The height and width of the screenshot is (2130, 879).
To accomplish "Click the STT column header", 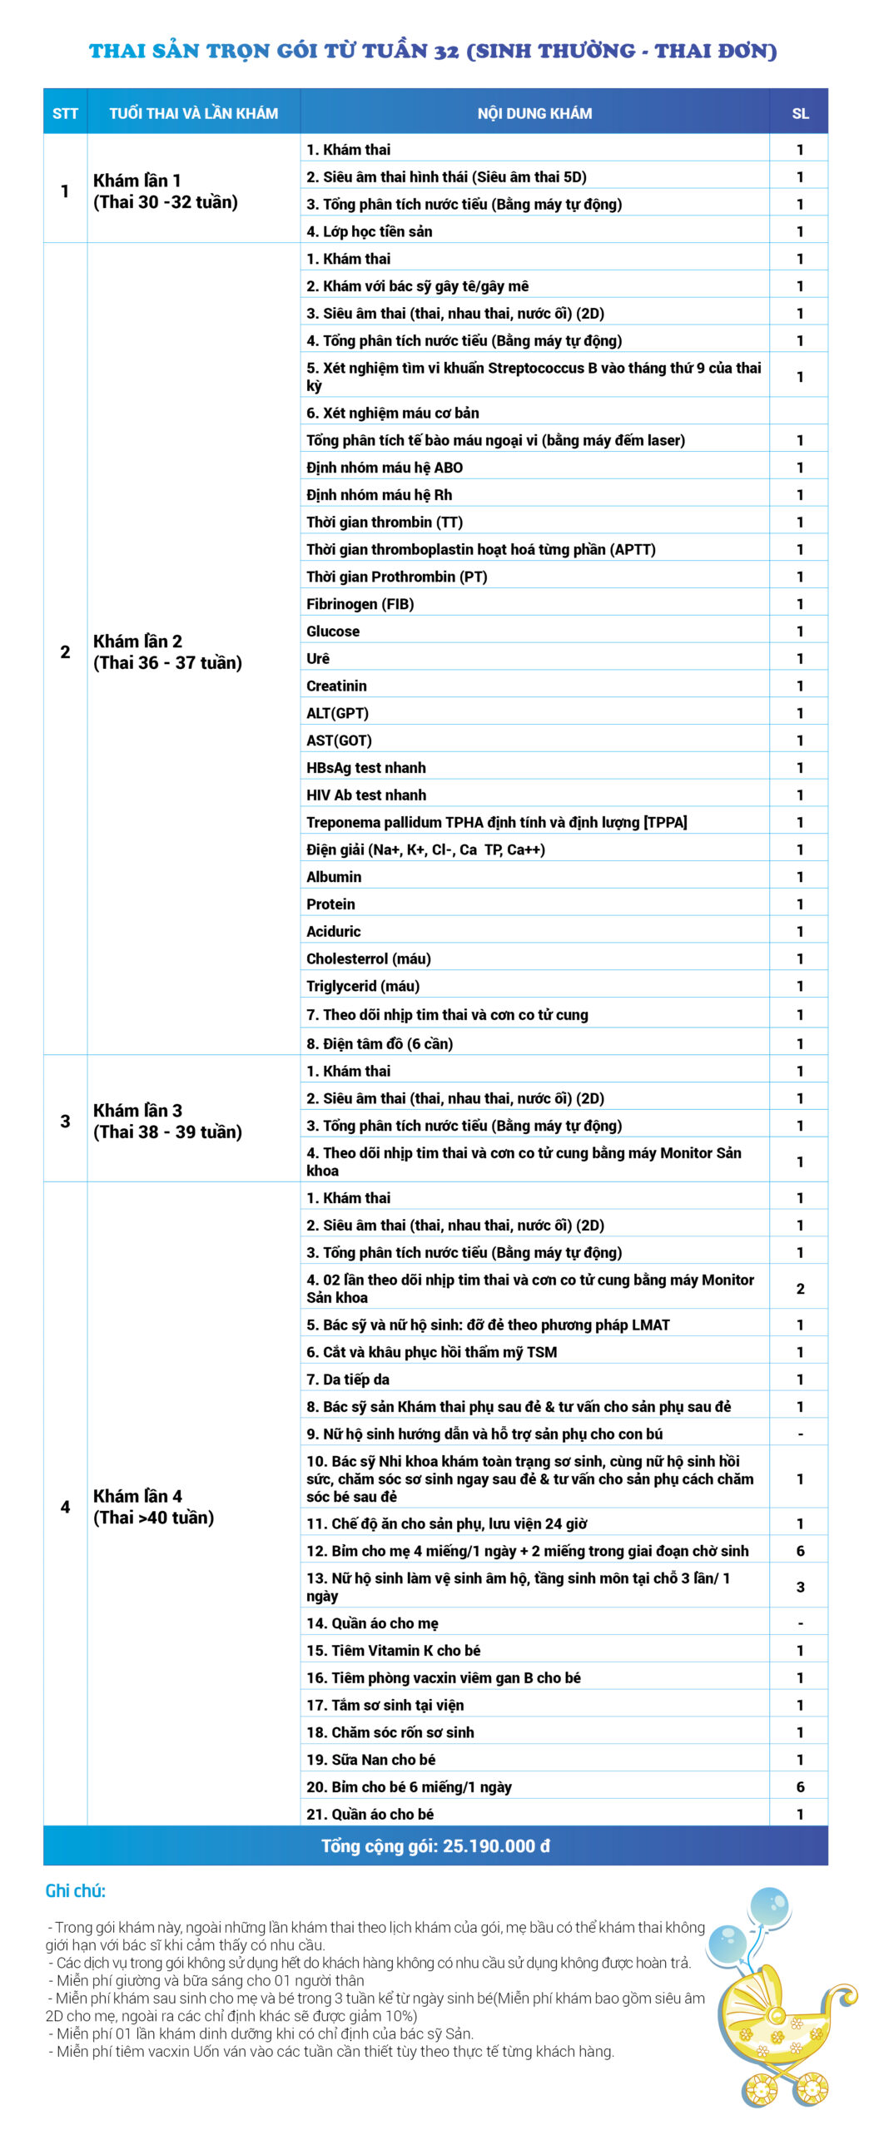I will click(65, 113).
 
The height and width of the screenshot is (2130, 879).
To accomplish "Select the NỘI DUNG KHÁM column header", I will click(534, 113).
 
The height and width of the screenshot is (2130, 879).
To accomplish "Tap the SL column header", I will click(800, 113).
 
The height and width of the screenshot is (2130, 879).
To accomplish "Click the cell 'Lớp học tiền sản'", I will click(370, 231).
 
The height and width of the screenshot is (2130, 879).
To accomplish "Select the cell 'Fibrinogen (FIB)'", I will click(360, 604).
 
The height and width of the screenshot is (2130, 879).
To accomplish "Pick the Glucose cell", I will click(333, 631).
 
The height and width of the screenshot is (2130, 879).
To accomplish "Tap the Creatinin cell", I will click(336, 686).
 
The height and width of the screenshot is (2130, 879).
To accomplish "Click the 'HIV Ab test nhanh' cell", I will click(366, 795).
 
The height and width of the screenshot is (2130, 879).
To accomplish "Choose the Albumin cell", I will click(334, 876).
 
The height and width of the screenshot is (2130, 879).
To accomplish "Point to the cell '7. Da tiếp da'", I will click(348, 1379).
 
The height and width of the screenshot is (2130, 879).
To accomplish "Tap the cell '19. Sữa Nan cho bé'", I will click(371, 1759).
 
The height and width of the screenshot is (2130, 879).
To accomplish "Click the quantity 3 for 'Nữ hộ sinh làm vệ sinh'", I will click(800, 1587).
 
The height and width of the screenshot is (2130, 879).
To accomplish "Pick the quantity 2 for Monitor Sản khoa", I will click(800, 1288).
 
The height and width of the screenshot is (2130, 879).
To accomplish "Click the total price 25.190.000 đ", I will click(435, 1845).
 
